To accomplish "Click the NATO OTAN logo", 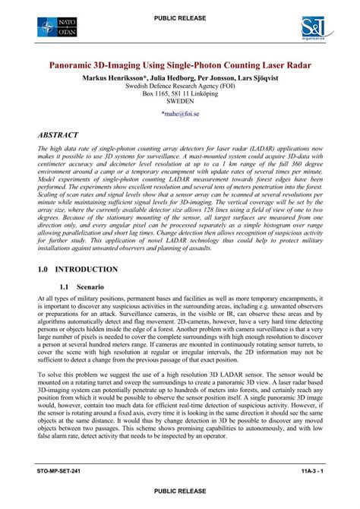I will coord(58,29).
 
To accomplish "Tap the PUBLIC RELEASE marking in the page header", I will coord(179,17).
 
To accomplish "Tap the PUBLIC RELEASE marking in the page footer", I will coord(179,492).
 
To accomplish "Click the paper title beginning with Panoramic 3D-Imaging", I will coord(179,66).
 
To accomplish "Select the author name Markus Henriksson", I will coord(112,78).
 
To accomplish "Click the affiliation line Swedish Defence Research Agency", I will coord(179,87).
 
